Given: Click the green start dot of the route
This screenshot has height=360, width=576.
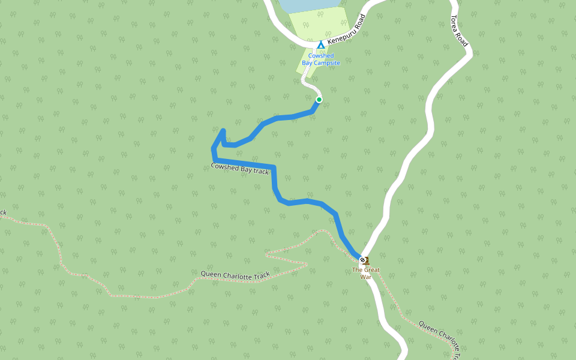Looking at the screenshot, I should (319, 100).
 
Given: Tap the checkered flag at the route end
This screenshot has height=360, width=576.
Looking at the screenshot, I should (362, 260).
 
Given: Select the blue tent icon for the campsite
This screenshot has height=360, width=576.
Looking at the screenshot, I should (321, 45).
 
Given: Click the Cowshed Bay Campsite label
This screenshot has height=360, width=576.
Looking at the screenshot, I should (320, 59).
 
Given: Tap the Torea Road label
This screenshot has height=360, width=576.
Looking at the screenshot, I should (459, 31).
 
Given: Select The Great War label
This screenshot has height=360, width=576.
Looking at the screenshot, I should (366, 274).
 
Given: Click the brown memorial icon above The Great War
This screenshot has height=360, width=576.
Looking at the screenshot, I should (367, 261).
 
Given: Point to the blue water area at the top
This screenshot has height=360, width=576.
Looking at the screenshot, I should (306, 5).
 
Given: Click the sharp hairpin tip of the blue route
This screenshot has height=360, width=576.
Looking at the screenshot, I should (223, 130).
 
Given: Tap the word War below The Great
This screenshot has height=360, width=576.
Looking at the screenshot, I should (366, 277).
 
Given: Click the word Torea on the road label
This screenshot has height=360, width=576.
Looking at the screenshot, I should (455, 22).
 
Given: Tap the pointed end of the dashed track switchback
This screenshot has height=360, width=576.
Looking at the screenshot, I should (308, 263).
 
